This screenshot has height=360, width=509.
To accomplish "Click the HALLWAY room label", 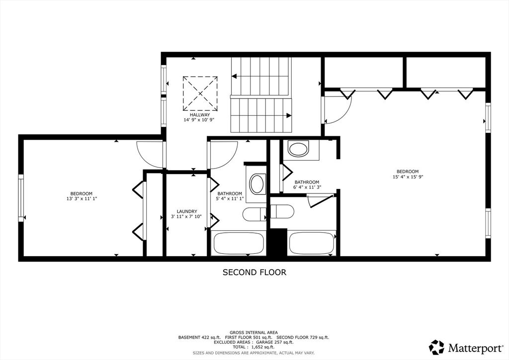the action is click(200, 115).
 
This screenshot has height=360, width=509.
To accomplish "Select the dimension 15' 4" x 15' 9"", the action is click(408, 177).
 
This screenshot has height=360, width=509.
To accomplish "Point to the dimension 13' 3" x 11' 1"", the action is click(82, 199).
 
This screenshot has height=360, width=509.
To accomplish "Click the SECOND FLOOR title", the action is click(254, 272).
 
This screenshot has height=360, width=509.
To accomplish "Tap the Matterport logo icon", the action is click(436, 347).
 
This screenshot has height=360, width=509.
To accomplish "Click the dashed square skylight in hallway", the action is click(200, 93).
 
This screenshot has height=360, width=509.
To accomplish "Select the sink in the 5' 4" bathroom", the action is click(258, 184).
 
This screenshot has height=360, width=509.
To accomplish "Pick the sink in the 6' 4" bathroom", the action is click(298, 149).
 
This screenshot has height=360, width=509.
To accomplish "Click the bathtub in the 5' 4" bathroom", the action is click(238, 243).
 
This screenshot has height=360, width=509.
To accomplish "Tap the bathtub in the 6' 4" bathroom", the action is click(312, 243).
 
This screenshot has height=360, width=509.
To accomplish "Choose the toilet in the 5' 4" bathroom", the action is click(254, 214).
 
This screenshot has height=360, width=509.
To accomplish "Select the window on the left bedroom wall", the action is click(21, 198).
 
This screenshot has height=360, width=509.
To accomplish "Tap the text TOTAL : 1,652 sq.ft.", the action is click(253, 347).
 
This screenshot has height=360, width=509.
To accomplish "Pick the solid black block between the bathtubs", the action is click(277, 243).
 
